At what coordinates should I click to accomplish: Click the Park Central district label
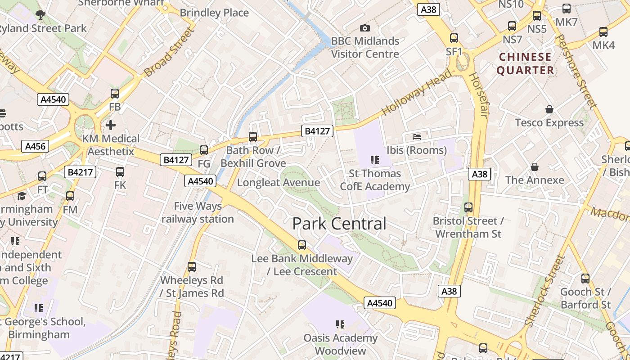pyautogui.click(x=339, y=224)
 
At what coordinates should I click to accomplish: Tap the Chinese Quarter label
pyautogui.click(x=525, y=63)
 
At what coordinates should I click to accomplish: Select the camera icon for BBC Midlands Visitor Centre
pyautogui.click(x=365, y=28)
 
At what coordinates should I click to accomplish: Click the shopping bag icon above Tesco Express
pyautogui.click(x=549, y=109)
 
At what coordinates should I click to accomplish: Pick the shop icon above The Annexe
pyautogui.click(x=534, y=167)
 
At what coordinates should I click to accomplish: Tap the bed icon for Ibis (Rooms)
pyautogui.click(x=417, y=136)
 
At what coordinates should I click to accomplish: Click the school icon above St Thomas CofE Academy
pyautogui.click(x=374, y=160)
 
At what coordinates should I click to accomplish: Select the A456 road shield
pyautogui.click(x=35, y=146)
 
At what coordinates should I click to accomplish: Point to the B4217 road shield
pyautogui.click(x=81, y=172)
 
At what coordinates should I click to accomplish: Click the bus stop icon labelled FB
pyautogui.click(x=115, y=94)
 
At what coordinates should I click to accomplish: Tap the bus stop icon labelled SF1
pyautogui.click(x=454, y=38)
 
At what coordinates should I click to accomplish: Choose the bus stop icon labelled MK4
pyautogui.click(x=603, y=32)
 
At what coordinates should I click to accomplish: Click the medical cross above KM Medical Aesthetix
pyautogui.click(x=111, y=125)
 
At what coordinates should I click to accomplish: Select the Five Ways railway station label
pyautogui.click(x=198, y=212)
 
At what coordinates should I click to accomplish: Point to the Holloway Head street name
pyautogui.click(x=416, y=92)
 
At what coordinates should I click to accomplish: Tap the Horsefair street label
pyautogui.click(x=478, y=94)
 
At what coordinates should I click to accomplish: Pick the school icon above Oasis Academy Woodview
pyautogui.click(x=340, y=324)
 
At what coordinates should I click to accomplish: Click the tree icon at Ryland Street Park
pyautogui.click(x=40, y=14)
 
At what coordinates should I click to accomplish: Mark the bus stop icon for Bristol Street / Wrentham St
pyautogui.click(x=468, y=207)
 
